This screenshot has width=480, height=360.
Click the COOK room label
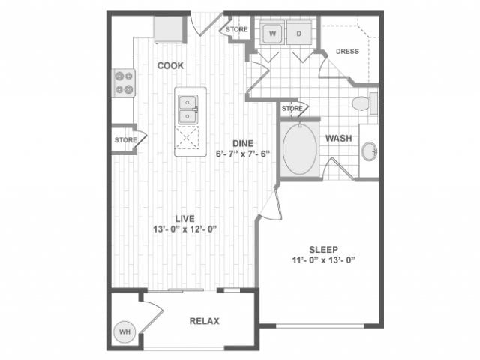pyautogui.click(x=170, y=65)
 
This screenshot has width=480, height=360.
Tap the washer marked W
pyautogui.click(x=272, y=34)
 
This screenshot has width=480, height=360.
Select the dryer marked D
pyautogui.click(x=298, y=34)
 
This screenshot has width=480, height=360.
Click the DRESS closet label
pyautogui.click(x=347, y=52)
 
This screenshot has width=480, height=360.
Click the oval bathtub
pyautogui.click(x=300, y=150)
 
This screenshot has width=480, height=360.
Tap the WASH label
pyautogui.click(x=338, y=139)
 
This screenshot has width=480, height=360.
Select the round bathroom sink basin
pyautogui.click(x=369, y=152)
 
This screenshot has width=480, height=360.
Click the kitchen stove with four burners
pyautogui.click(x=124, y=82)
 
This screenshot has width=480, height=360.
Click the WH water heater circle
pyautogui.click(x=124, y=331)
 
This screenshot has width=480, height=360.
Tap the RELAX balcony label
pyautogui.click(x=204, y=321)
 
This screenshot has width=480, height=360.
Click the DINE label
pyautogui.click(x=241, y=143)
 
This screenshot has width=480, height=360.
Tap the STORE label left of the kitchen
pyautogui.click(x=125, y=140)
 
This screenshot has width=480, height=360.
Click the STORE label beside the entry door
pyautogui.click(x=237, y=30)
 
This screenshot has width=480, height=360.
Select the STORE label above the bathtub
pyautogui.click(x=292, y=109)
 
